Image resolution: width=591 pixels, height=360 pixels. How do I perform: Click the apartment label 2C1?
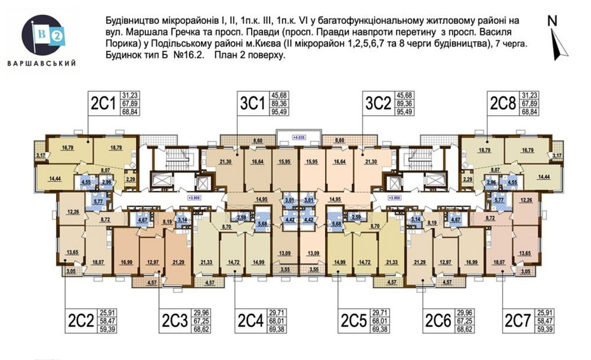point(103,103)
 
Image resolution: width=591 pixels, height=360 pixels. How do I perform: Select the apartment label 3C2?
point(379,103)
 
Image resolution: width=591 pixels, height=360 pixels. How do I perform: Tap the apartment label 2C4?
point(250,321)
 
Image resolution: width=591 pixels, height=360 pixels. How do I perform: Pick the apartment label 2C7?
point(517,321)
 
